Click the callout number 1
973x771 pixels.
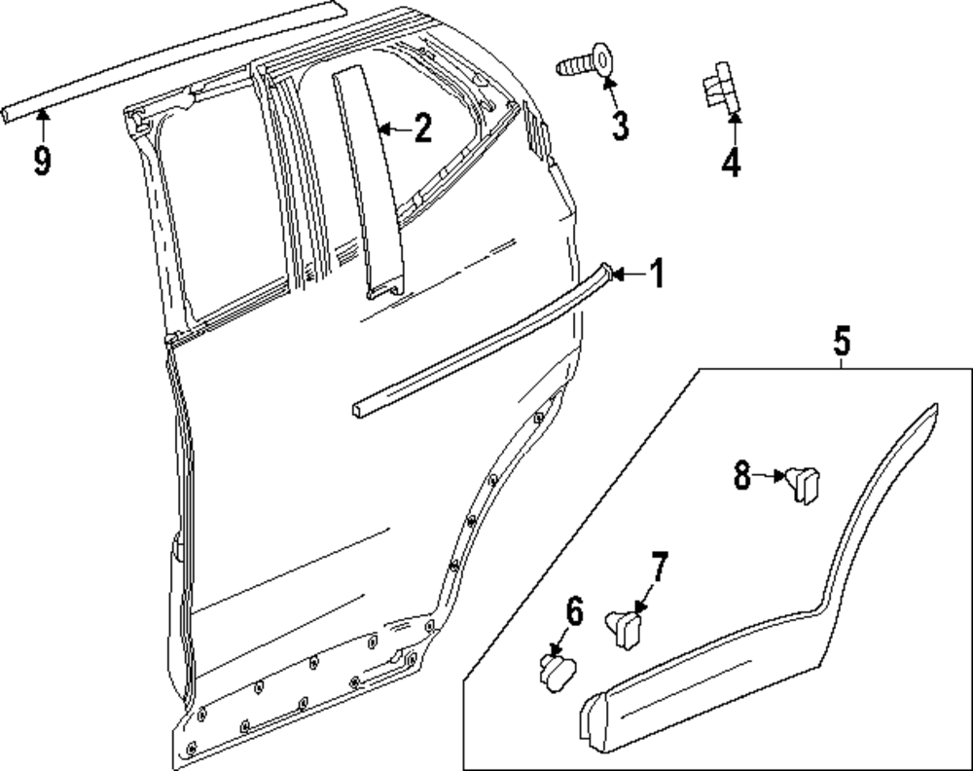click(657, 275)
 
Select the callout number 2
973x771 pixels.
click(421, 128)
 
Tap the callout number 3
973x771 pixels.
click(620, 126)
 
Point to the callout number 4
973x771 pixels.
click(731, 162)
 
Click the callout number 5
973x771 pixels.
click(842, 342)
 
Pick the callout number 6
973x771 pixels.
click(573, 613)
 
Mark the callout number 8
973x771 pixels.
click(742, 477)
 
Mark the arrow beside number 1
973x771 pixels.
click(626, 275)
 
